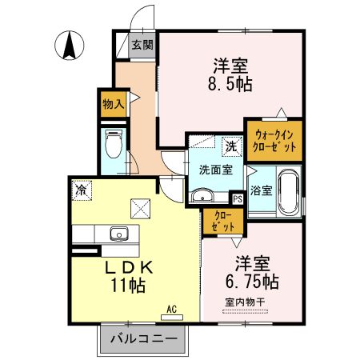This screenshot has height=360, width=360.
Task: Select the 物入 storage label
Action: pos(113,102)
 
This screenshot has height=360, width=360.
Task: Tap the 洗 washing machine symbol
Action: pos(230,147)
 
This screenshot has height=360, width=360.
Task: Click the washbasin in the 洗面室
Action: pos(202,194)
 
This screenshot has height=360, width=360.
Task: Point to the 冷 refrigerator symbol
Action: pos(81,190)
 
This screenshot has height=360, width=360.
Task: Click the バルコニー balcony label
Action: pos(142,339)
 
